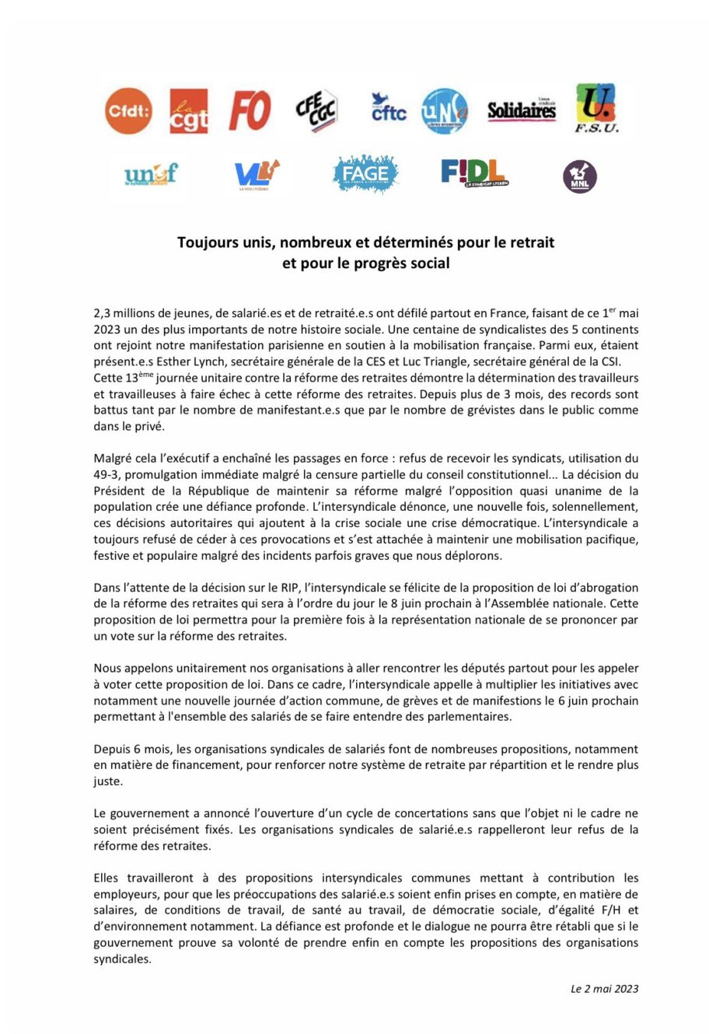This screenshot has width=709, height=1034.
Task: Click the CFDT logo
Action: (128, 111)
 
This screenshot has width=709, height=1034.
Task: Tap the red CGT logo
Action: (188, 110)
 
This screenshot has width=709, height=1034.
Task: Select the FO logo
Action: (250, 110)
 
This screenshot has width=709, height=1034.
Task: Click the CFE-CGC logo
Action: (316, 110)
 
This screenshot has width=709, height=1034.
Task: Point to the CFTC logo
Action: (388, 109)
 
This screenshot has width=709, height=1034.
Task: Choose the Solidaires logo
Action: (522, 110)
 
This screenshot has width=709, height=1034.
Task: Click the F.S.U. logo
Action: (597, 109)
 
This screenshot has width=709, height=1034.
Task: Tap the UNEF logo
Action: (151, 173)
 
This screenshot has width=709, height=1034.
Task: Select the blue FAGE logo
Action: (365, 173)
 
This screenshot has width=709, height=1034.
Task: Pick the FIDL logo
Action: (474, 173)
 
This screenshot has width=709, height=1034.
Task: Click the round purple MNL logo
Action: (579, 176)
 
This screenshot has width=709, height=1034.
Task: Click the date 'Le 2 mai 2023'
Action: (604, 989)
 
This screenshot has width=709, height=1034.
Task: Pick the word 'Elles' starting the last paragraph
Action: (108, 878)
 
